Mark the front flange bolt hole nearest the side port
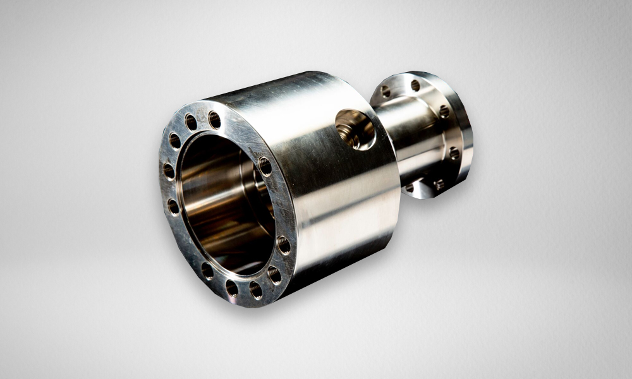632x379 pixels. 265,166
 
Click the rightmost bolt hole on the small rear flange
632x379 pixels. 454,153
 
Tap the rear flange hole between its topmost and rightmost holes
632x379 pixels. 444,112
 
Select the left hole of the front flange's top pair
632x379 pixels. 191,122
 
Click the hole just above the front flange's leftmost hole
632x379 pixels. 174,140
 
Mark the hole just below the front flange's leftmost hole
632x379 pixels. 173,206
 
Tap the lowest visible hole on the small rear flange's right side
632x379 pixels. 439,184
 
